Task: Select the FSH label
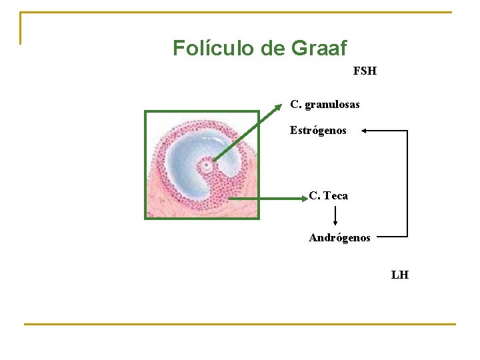tap(365, 71)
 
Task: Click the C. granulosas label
tap(325, 105)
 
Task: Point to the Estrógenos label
tap(318, 131)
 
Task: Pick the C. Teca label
tap(328, 195)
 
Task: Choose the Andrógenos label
tap(339, 237)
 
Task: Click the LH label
tap(400, 275)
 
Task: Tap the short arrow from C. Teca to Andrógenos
tap(335, 215)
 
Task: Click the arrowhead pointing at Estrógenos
tap(366, 131)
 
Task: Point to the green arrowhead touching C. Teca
tap(301, 198)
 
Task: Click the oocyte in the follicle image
tap(207, 165)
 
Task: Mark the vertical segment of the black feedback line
tap(407, 183)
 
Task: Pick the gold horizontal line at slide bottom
tap(240, 324)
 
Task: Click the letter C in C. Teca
tap(313, 195)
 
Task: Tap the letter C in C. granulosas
tap(295, 105)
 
